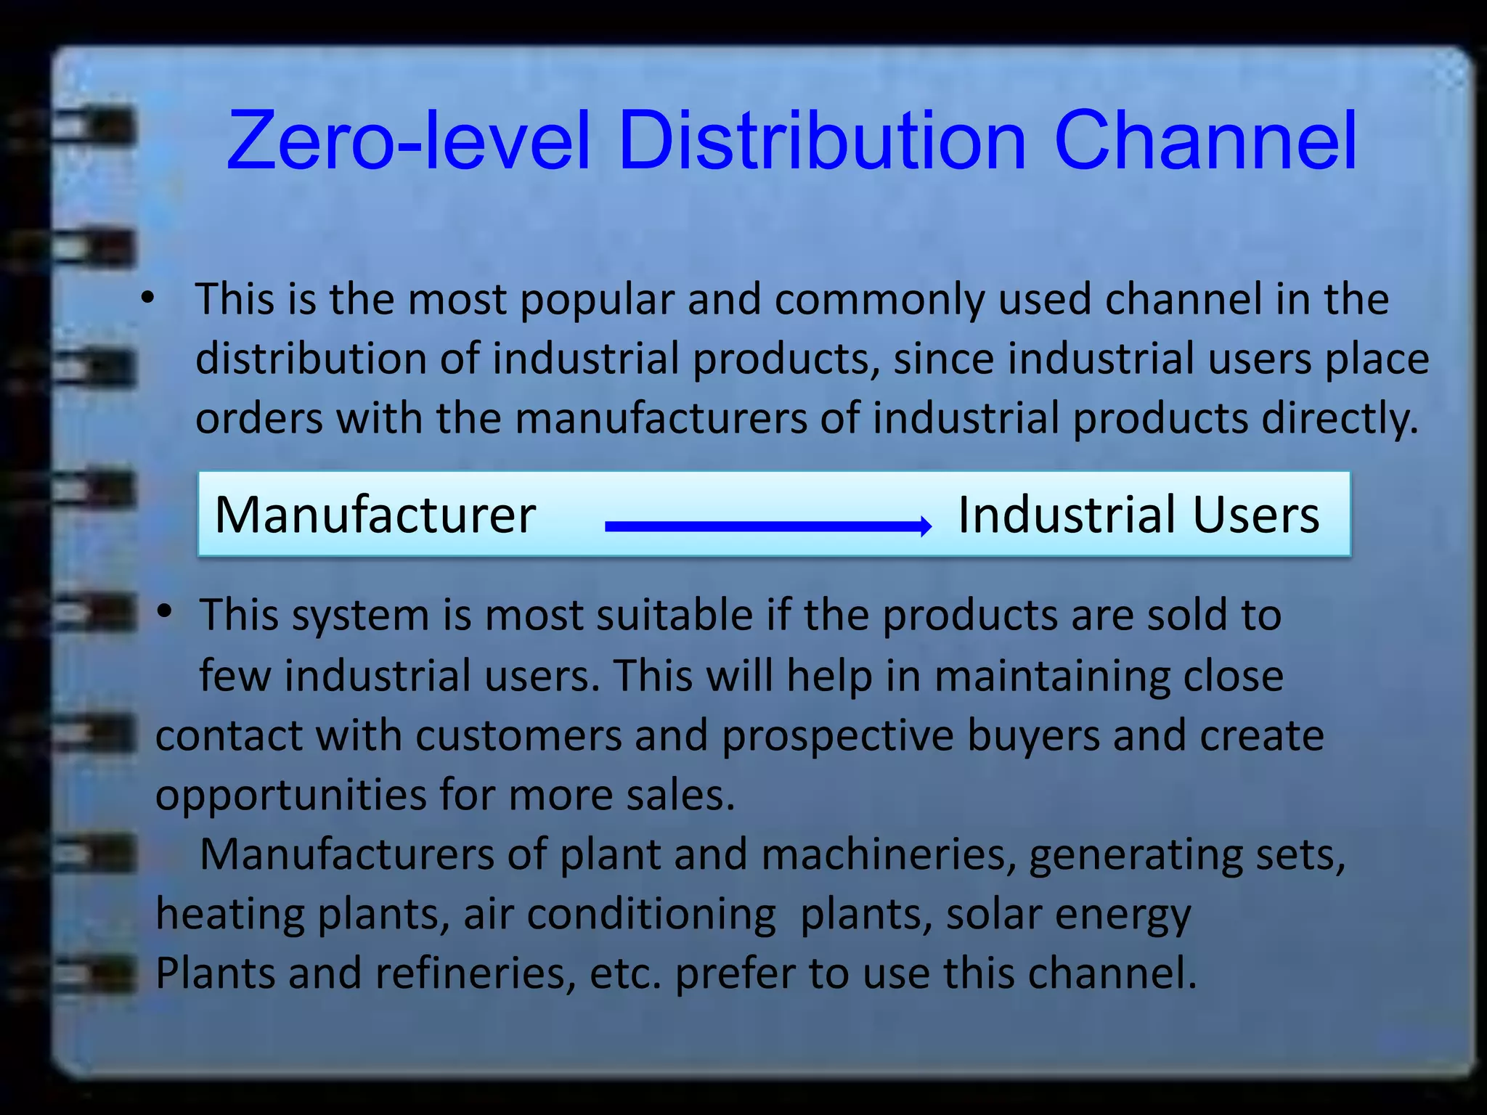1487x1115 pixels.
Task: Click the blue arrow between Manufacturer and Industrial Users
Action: click(767, 526)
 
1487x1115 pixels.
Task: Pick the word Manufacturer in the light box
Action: click(375, 515)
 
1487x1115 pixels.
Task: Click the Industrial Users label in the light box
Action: click(1138, 515)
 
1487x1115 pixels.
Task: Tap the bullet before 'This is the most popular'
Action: click(148, 297)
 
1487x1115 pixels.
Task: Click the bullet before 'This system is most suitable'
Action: click(165, 611)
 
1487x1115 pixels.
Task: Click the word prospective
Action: click(837, 737)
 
